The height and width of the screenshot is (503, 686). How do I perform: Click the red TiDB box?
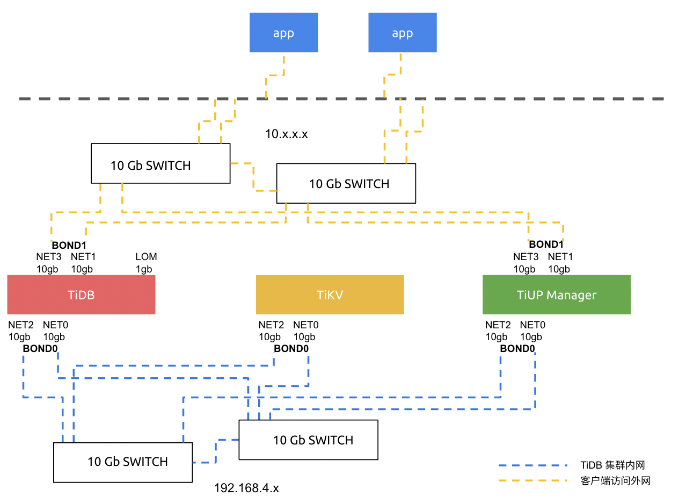tap(81, 294)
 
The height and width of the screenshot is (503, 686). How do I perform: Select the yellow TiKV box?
tap(330, 294)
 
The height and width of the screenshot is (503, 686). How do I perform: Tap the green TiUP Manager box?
tap(556, 294)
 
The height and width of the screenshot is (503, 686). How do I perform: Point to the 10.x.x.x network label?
tap(287, 134)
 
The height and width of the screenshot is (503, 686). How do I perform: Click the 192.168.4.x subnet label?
tap(246, 488)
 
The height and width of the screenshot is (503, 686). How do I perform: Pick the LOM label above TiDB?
tap(146, 257)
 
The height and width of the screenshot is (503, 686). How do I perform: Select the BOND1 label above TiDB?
tap(69, 245)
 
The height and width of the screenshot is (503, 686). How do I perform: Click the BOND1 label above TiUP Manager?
tap(546, 244)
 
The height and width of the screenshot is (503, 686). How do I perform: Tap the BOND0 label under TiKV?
tap(291, 349)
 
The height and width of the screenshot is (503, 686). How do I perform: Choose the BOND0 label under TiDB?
tap(40, 349)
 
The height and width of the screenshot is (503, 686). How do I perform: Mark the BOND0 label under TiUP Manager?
tap(517, 349)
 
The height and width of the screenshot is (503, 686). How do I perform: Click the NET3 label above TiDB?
tap(47, 257)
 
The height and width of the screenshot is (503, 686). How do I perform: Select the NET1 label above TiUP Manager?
tap(560, 257)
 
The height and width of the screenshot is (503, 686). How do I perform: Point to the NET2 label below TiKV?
tap(271, 325)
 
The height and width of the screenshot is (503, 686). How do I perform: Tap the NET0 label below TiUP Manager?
tap(532, 325)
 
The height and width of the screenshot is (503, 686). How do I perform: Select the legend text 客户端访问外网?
tap(615, 481)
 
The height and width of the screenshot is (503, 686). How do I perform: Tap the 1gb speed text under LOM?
tap(144, 269)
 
